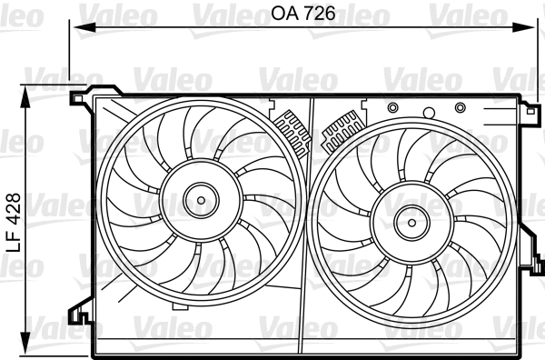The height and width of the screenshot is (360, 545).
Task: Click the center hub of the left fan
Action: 198,197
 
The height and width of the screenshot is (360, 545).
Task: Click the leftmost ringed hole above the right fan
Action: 392,109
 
